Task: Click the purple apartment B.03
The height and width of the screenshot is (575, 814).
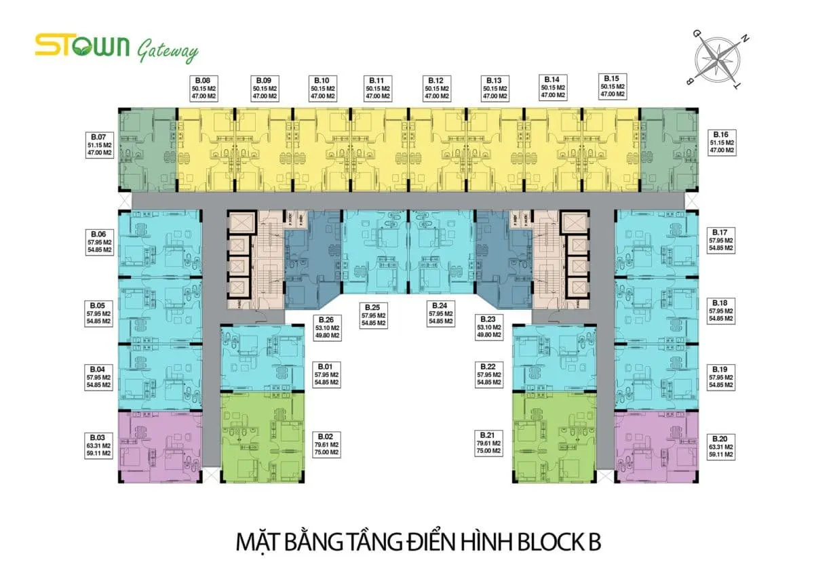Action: coord(160,446)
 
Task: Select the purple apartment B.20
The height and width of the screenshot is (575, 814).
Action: coord(655,446)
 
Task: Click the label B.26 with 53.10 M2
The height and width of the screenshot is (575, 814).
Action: coord(327,327)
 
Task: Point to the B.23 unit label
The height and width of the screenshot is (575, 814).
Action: coord(488,327)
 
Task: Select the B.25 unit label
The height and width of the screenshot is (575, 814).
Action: coord(373,315)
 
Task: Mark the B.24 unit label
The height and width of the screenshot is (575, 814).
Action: coord(440,315)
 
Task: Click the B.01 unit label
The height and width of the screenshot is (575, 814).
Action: coord(326,374)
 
